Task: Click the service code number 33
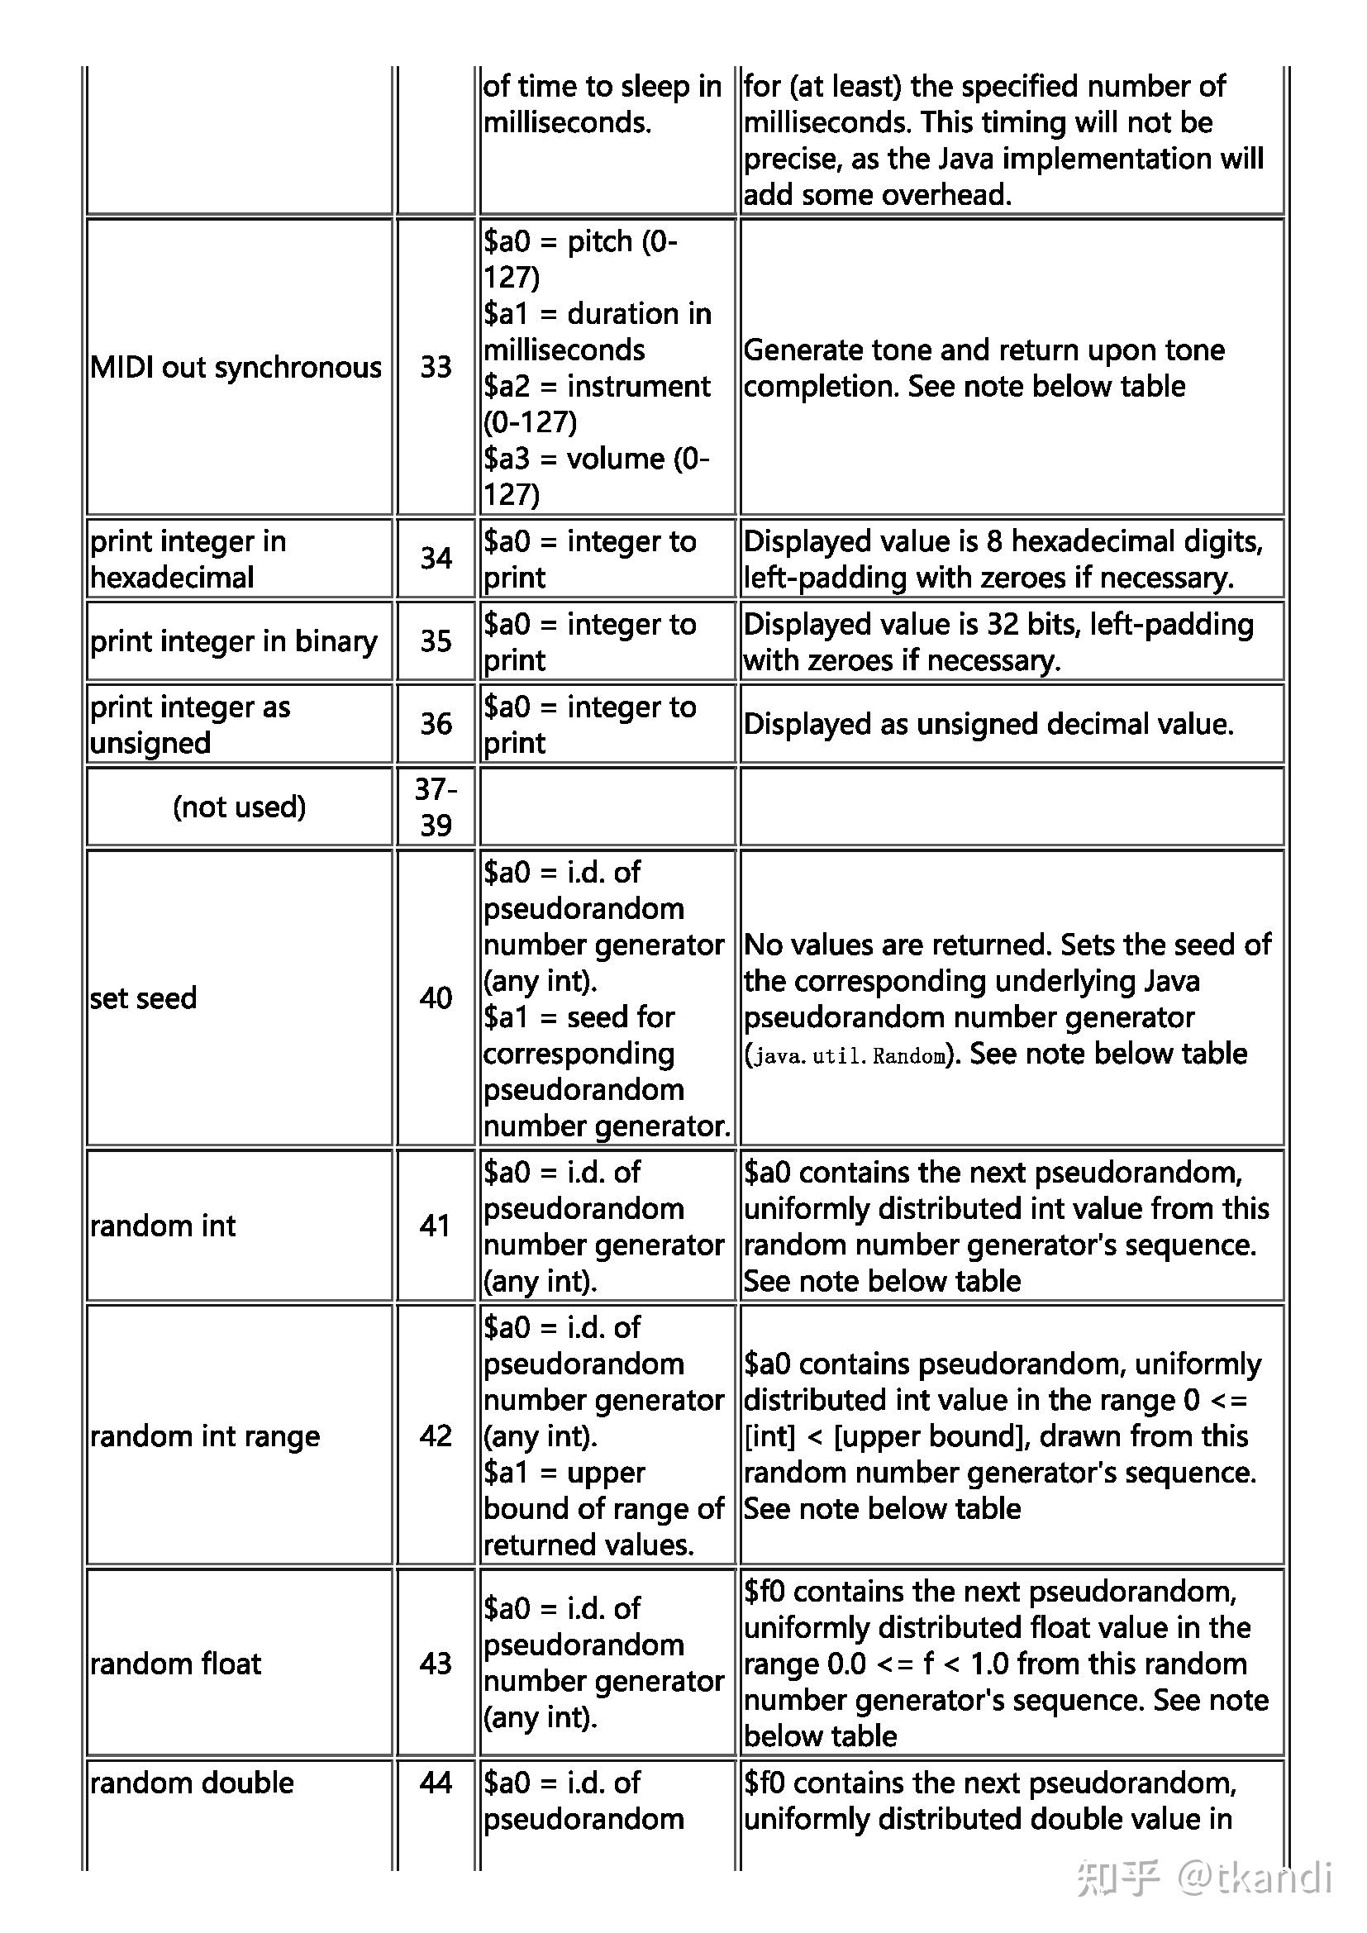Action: [x=436, y=367]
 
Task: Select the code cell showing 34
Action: [x=436, y=558]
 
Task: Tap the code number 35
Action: [x=436, y=640]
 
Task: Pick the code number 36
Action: [x=436, y=723]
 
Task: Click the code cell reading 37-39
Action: [x=436, y=807]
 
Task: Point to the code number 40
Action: [x=436, y=997]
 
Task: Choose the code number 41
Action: [x=436, y=1225]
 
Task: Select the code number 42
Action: [x=436, y=1435]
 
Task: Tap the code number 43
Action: [x=436, y=1663]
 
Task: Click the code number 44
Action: [x=436, y=1783]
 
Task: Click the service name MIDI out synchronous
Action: [x=236, y=367]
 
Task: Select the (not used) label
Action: [x=239, y=807]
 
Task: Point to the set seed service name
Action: [x=143, y=997]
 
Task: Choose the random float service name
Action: [x=175, y=1664]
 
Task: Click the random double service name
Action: [x=192, y=1783]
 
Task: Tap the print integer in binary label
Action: [x=233, y=641]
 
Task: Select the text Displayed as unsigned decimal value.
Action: [x=988, y=724]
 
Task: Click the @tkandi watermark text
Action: [x=1255, y=1878]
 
